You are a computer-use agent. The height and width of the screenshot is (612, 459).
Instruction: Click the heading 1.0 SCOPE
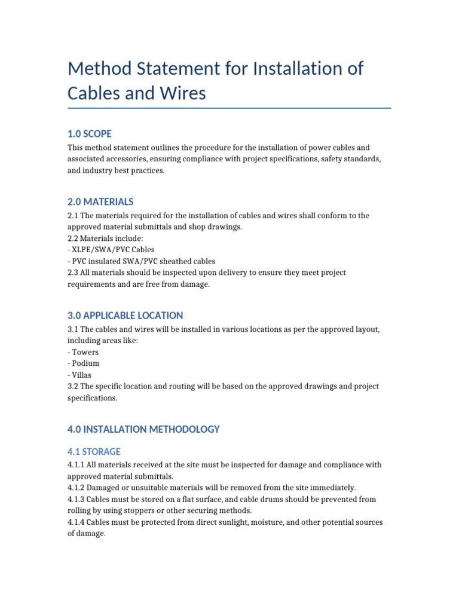[x=90, y=134]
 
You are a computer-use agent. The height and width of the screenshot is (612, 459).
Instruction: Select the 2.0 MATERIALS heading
[x=100, y=202]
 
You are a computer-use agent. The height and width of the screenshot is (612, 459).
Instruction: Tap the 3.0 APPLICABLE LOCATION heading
[x=126, y=316]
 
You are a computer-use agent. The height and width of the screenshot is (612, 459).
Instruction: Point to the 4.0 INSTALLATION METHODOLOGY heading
[x=143, y=429]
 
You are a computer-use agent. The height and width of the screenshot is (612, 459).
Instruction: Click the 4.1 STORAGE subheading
[x=94, y=452]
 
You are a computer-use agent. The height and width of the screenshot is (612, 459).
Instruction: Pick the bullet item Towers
[x=85, y=352]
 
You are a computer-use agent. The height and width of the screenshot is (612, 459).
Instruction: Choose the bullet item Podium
[x=85, y=363]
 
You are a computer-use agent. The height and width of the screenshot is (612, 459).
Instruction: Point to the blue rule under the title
[x=229, y=108]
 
